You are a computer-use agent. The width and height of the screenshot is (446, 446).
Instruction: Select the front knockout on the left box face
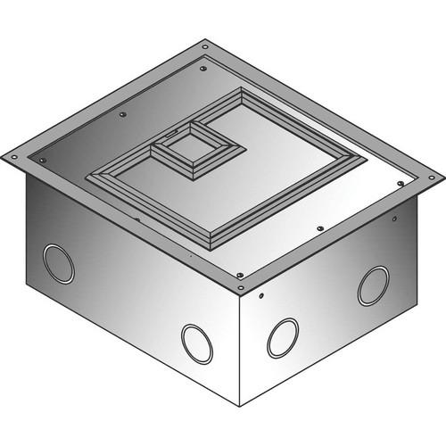(x=196, y=343)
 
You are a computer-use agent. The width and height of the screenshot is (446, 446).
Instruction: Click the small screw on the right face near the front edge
(x=260, y=294)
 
